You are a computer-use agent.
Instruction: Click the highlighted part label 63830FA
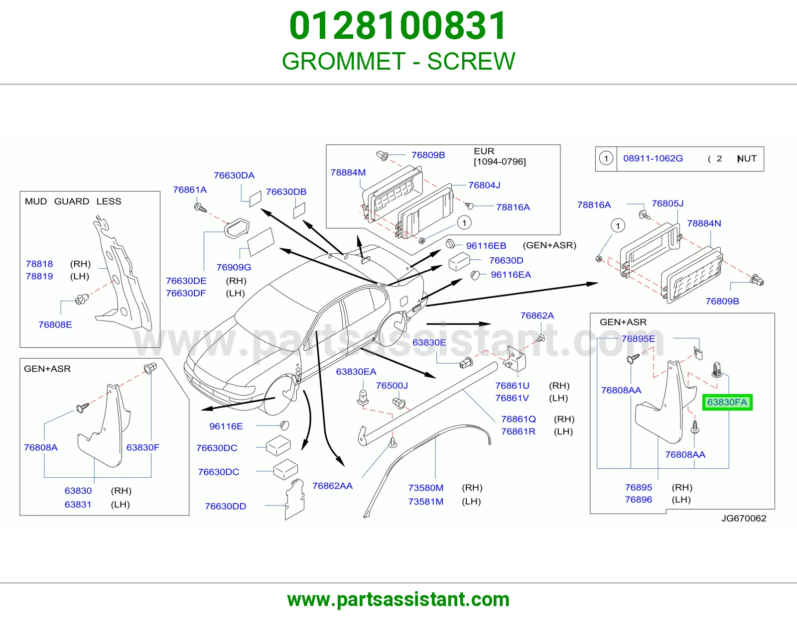click(x=727, y=403)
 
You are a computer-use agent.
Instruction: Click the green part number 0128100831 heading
click(x=398, y=26)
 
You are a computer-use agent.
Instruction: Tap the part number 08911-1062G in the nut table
click(x=653, y=158)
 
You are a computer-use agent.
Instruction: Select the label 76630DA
click(x=234, y=175)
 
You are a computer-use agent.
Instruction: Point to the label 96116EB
click(x=486, y=245)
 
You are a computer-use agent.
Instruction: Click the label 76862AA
click(x=332, y=486)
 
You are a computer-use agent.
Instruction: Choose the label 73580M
click(x=426, y=488)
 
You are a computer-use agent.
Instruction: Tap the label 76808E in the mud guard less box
click(x=55, y=324)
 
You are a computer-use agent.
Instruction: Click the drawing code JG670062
click(x=744, y=518)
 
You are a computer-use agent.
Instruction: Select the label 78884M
click(x=348, y=172)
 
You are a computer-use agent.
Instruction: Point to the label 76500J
click(x=392, y=386)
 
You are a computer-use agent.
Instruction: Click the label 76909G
click(x=234, y=267)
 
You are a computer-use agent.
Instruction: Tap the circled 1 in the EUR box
click(x=464, y=223)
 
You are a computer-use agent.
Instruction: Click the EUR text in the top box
click(x=484, y=151)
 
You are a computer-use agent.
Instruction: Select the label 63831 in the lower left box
click(x=78, y=505)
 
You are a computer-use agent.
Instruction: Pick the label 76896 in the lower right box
click(x=639, y=500)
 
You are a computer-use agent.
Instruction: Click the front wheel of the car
click(x=280, y=395)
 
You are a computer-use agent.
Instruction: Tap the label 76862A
click(x=537, y=315)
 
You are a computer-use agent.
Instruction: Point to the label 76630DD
click(x=225, y=506)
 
